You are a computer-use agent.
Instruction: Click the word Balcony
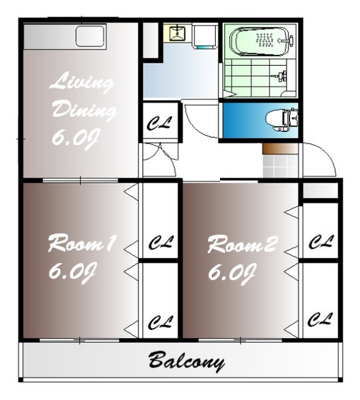(x=186, y=362)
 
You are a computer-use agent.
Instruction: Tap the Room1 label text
(x=82, y=244)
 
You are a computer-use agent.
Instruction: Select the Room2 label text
(x=242, y=244)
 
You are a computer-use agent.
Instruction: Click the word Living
(x=81, y=82)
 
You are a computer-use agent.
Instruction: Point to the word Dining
(x=84, y=110)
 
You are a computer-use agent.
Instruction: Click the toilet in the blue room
(x=282, y=119)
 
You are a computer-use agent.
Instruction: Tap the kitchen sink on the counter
(x=91, y=36)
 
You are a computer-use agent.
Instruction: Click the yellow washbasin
(x=178, y=32)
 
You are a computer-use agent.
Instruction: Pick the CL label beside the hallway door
(x=159, y=123)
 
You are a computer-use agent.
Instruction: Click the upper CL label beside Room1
(x=161, y=242)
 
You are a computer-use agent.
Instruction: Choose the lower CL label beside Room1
(x=161, y=322)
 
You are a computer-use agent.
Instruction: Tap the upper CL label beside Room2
(x=321, y=242)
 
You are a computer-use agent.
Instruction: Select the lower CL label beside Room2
(x=320, y=319)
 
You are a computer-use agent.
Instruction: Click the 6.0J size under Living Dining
(x=75, y=139)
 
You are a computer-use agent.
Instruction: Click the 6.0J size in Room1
(x=72, y=273)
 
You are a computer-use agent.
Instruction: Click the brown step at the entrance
(x=280, y=149)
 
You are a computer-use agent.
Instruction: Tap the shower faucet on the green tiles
(x=281, y=76)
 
